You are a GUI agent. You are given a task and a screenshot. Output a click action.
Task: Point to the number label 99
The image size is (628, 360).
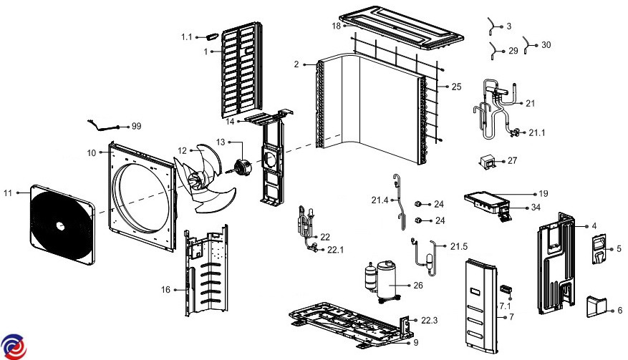137,126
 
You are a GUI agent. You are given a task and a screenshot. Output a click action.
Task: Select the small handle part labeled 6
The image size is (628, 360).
595,306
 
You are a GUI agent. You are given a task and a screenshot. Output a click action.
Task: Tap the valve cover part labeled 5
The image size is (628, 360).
598,249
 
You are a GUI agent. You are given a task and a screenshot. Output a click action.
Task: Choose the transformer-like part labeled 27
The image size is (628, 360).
490,162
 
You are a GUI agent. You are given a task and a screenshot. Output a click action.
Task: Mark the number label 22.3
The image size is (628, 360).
430,320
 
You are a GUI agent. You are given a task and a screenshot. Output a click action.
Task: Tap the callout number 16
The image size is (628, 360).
166,289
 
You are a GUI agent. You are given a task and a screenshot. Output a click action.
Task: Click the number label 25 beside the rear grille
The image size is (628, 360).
456,87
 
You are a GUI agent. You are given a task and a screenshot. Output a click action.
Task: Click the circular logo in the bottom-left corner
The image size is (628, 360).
14,346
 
